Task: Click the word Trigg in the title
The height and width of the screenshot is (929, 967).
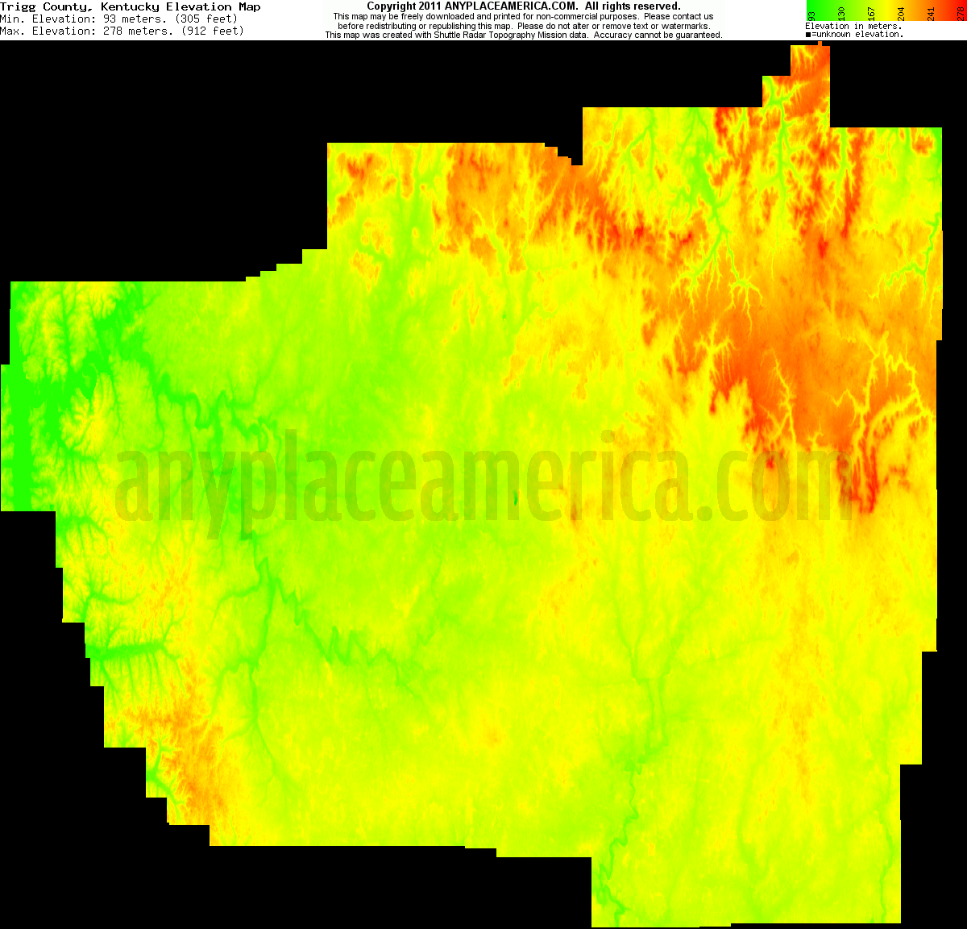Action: point(19,6)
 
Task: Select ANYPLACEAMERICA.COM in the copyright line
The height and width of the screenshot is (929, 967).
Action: point(511,6)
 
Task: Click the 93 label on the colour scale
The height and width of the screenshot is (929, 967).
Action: point(812,14)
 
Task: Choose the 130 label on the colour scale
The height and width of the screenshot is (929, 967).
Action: point(842,13)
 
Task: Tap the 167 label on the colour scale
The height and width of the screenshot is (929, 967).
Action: point(872,13)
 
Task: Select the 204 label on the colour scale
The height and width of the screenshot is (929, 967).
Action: point(902,13)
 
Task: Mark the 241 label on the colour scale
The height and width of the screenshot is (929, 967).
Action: point(932,13)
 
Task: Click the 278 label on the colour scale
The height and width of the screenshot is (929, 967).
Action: point(961,13)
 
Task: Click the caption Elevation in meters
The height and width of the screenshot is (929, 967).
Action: point(853,26)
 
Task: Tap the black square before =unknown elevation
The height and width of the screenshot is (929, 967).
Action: point(808,35)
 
